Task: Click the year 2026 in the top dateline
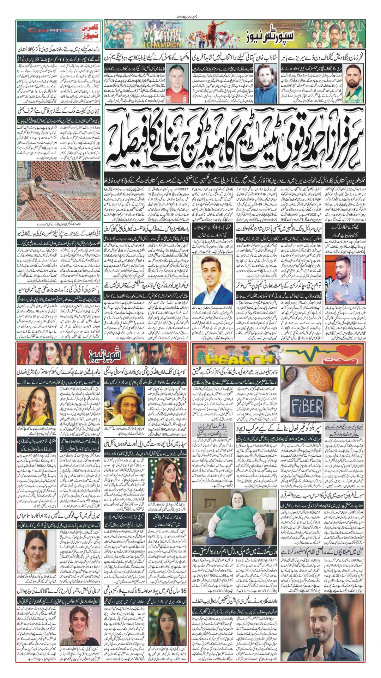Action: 185,17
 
